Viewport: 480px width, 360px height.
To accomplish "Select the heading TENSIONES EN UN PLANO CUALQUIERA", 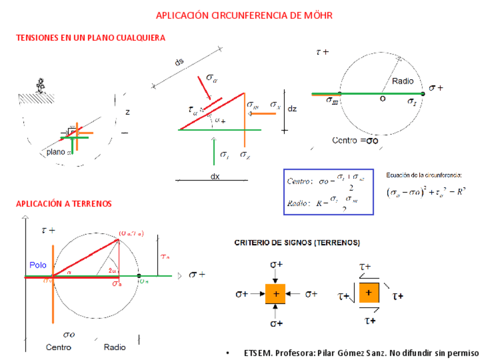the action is tap(91, 38).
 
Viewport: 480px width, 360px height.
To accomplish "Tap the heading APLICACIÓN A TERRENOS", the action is tap(64, 203).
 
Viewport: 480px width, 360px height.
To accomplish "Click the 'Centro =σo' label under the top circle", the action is tap(355, 140).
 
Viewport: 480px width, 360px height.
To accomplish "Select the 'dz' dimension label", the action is tap(292, 109).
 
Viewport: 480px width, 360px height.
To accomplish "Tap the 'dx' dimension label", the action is tap(215, 177).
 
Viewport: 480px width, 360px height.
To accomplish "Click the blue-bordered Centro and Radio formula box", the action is tap(328, 191).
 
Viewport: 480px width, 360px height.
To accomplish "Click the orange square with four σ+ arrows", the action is tap(276, 294).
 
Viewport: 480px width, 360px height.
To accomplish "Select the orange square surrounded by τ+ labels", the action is tap(368, 293).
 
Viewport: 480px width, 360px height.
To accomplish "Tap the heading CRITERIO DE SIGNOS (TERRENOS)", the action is tap(297, 242).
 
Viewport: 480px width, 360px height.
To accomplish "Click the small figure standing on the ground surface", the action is tap(40, 85).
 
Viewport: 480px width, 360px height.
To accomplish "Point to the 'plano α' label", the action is tap(58, 152).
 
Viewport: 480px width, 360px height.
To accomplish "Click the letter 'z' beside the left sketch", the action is tap(127, 112).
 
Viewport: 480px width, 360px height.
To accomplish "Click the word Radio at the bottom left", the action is tap(114, 347).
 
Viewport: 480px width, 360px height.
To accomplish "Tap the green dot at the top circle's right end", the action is tap(423, 93).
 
